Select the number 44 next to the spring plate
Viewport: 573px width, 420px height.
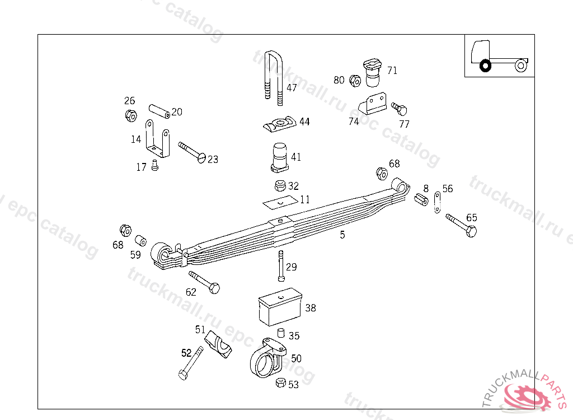coord(304,122)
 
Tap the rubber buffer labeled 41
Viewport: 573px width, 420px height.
coord(280,157)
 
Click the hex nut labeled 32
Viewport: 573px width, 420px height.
coord(280,185)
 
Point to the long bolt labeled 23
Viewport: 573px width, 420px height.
coord(192,152)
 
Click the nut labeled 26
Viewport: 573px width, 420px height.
coord(130,116)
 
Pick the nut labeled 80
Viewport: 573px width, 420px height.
coord(354,81)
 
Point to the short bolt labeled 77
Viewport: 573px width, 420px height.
coord(400,108)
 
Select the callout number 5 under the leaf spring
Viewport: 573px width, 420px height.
coord(342,235)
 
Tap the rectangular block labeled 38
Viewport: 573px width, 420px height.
coord(280,307)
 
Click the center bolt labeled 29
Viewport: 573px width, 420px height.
coord(280,267)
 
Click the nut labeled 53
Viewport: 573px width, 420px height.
coord(281,383)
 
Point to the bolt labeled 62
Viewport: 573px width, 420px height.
coord(205,282)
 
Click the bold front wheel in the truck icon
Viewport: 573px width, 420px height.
coord(485,66)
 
